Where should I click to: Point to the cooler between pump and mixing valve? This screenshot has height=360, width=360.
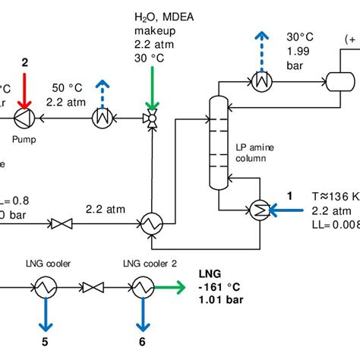coord(100,118)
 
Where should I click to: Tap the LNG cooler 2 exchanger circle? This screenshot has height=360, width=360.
coord(141,287)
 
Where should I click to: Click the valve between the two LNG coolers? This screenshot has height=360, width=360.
coord(93,287)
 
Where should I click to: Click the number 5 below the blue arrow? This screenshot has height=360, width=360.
coord(44,343)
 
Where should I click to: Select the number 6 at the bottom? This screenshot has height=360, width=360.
coord(141,343)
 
